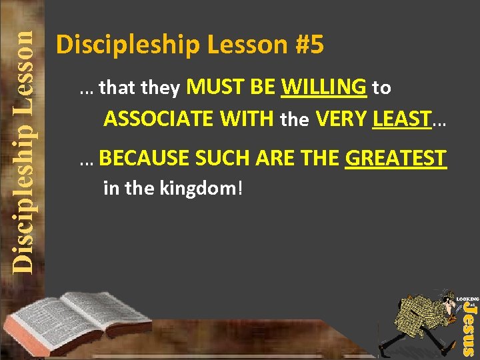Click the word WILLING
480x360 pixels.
point(324,87)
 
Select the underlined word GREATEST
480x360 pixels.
point(395,158)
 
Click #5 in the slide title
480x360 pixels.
point(308,45)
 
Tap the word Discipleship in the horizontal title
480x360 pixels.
point(127,45)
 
